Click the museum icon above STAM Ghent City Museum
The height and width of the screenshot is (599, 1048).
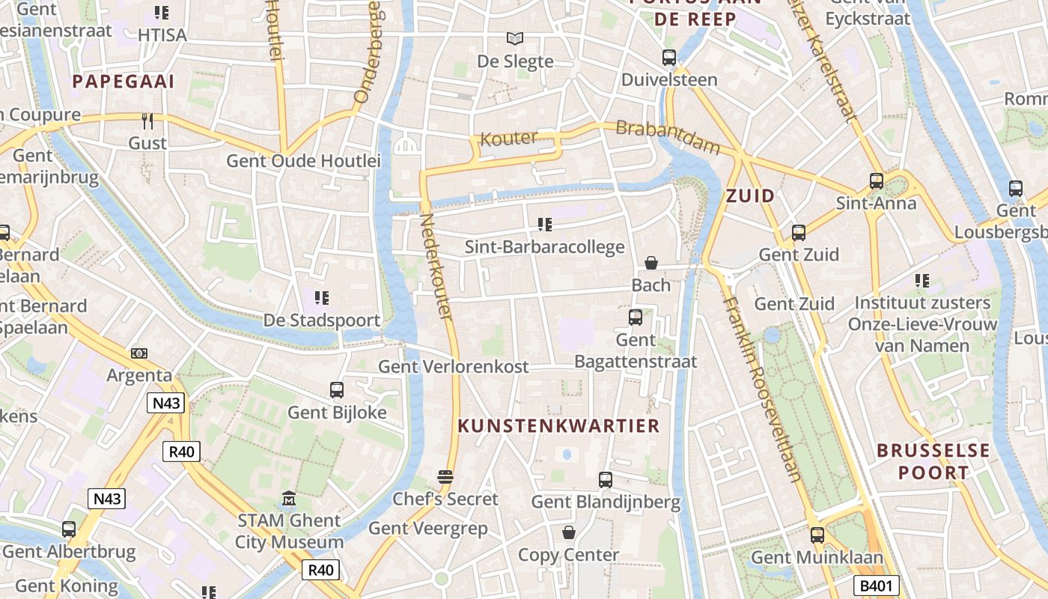point(289,498)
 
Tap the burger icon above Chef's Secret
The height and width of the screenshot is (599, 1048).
point(445,477)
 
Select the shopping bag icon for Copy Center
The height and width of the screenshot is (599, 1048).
point(569,532)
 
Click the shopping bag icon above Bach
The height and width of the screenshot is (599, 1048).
point(651,263)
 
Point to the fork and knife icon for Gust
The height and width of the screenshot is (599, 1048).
point(147,121)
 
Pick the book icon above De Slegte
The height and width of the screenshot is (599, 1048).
point(515,38)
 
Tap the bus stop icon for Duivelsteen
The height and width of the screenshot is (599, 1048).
point(669,57)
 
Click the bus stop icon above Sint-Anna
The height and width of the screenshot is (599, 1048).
point(876,180)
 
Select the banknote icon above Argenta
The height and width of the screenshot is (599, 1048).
point(139,353)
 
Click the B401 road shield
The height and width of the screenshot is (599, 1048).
point(876,586)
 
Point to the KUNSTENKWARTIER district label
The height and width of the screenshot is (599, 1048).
point(558,426)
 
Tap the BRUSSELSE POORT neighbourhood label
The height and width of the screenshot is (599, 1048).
point(933,461)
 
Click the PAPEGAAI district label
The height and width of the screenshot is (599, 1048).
point(124,82)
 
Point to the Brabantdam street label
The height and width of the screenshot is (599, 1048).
point(667,137)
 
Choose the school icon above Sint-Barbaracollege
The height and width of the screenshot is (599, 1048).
point(545,224)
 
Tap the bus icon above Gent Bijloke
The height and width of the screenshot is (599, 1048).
point(337,389)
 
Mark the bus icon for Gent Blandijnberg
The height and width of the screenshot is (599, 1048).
point(606,479)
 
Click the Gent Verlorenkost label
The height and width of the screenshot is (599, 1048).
point(453,367)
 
